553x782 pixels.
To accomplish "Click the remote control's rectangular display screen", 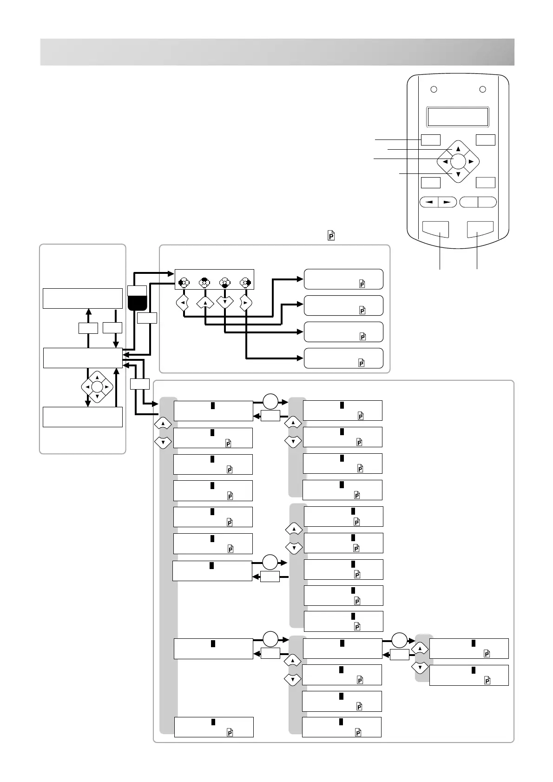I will click(458, 117).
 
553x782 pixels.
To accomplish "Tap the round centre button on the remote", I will click(458, 161).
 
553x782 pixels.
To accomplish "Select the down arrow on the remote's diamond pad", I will click(458, 175).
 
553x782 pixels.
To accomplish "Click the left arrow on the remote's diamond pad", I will click(445, 162).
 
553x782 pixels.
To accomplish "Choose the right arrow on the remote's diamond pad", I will click(471, 162).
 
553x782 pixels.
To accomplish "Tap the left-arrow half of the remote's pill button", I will click(429, 202).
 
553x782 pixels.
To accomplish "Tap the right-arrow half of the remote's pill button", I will click(447, 202).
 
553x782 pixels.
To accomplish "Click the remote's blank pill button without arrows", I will click(478, 202).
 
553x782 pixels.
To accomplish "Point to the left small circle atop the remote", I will click(434, 89).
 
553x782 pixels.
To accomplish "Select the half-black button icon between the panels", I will click(137, 298).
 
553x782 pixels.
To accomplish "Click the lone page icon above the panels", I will click(331, 236).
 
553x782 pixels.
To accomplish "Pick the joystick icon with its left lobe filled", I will click(184, 282).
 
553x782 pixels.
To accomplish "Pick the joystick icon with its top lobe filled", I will click(204, 282).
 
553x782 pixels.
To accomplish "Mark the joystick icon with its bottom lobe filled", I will click(224, 282).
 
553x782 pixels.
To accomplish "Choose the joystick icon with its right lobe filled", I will click(245, 282).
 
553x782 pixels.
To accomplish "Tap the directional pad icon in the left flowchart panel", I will click(97, 386).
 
